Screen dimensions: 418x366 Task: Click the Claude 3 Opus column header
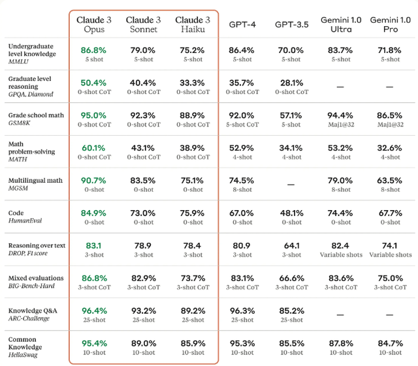tap(94, 24)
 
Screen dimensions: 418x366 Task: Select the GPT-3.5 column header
tap(292, 25)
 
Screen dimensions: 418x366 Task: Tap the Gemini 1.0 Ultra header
tap(341, 24)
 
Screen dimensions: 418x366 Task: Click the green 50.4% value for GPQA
tap(93, 83)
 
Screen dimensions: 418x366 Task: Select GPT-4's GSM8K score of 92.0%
tap(242, 115)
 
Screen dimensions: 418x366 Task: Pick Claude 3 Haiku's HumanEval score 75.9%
tap(192, 213)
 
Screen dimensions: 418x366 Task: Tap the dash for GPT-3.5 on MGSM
tap(291, 185)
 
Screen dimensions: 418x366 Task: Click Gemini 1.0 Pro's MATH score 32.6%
tap(389, 148)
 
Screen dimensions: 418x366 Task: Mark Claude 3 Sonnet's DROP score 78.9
tap(143, 245)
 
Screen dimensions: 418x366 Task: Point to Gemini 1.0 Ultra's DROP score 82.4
tap(340, 245)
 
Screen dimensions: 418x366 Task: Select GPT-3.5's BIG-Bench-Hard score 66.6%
tap(292, 278)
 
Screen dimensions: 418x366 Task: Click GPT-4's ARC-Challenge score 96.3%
tap(242, 311)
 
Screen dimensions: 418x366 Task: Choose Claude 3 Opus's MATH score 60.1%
tap(93, 148)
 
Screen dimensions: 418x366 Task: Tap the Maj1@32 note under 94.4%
tap(341, 125)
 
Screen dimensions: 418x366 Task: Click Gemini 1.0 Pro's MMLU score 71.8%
tap(389, 50)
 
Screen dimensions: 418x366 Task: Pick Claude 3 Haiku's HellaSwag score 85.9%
tap(193, 343)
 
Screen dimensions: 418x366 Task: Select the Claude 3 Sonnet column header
tap(144, 24)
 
